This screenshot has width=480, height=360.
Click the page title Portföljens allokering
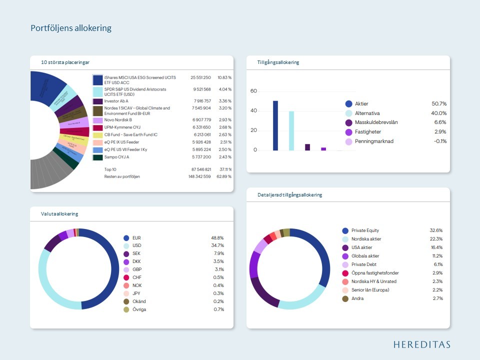click(71, 28)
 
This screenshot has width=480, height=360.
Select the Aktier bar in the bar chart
click(275, 125)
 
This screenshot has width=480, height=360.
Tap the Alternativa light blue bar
click(291, 130)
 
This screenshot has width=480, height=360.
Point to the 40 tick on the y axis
click(253, 110)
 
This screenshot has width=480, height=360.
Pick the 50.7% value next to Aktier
click(439, 103)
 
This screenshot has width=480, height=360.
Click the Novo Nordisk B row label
click(118, 120)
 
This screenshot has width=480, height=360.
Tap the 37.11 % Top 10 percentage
click(224, 169)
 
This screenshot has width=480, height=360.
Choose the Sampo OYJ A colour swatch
click(98, 157)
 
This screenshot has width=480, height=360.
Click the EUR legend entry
click(136, 238)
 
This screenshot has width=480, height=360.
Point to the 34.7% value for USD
click(217, 245)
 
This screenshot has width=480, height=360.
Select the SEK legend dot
click(126, 253)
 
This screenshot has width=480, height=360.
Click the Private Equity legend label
click(365, 230)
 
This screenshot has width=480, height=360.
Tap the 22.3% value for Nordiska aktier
click(436, 239)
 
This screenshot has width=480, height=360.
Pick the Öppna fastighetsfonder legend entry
click(375, 273)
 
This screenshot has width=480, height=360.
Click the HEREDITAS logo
click(421, 344)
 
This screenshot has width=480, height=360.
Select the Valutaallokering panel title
click(59, 214)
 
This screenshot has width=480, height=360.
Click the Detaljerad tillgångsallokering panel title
click(286, 194)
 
